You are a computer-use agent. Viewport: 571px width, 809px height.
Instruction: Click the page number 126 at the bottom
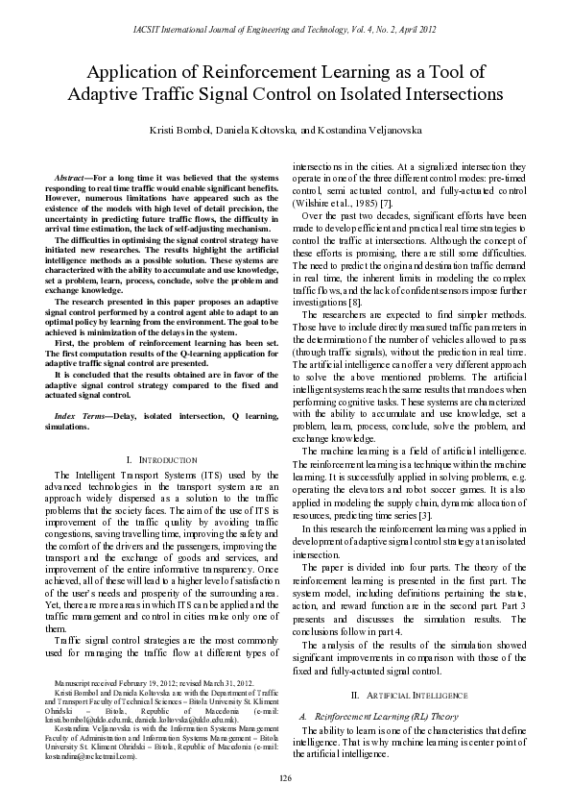coord(285,777)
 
